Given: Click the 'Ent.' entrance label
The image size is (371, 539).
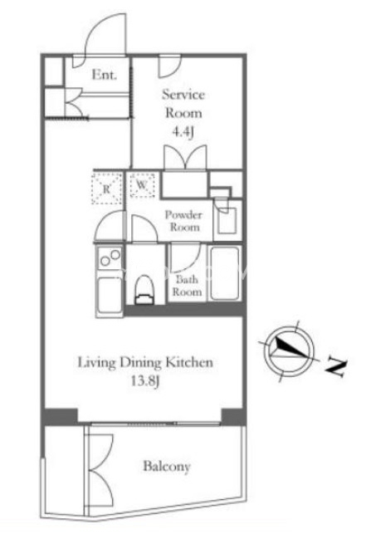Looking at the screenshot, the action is (x=105, y=75).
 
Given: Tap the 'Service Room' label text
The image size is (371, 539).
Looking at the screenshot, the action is (x=183, y=104).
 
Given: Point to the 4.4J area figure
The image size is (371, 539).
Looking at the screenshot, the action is (x=183, y=132).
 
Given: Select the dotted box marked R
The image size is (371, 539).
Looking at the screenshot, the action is (x=106, y=189).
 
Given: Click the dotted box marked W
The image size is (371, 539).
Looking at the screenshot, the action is (x=142, y=185).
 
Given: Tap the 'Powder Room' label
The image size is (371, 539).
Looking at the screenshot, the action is (x=183, y=221).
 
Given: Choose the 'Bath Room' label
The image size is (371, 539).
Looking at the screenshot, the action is (x=187, y=286).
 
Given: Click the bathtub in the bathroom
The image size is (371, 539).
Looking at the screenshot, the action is (x=225, y=273).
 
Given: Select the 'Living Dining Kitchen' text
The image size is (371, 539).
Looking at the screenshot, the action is (x=145, y=363).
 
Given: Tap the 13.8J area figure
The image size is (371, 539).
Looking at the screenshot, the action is (x=145, y=381).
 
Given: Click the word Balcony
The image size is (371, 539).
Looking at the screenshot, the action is (x=167, y=467).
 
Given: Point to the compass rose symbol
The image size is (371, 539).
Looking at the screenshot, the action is (x=290, y=351).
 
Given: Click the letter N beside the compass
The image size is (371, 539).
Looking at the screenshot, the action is (x=336, y=368).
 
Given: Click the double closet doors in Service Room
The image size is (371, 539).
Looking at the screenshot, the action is (x=186, y=158).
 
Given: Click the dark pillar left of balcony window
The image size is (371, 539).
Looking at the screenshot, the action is (x=61, y=417).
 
